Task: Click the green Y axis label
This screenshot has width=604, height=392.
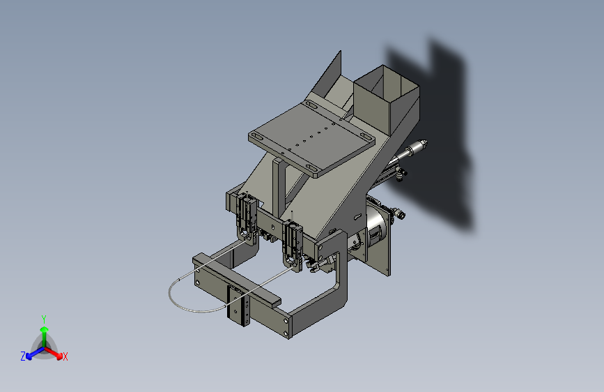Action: click(44, 317)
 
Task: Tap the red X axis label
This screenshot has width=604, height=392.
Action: click(65, 356)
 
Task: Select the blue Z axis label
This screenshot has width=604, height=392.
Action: click(23, 356)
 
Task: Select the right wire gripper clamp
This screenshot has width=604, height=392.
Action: click(293, 241)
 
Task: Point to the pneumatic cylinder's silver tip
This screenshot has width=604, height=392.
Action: click(420, 146)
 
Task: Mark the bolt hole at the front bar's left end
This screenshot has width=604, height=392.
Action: click(197, 282)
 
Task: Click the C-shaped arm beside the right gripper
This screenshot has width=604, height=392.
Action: click(334, 279)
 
